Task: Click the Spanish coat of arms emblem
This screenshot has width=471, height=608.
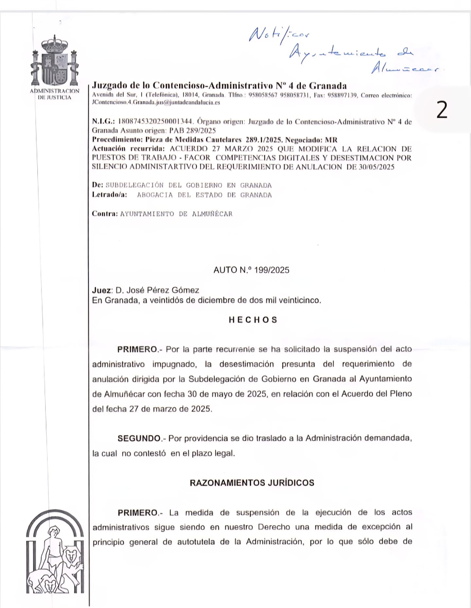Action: pos(55,62)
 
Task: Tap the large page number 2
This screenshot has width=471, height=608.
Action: pos(442,110)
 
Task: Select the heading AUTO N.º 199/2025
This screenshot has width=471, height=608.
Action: pos(251,270)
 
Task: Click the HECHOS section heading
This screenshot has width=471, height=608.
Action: pos(253,320)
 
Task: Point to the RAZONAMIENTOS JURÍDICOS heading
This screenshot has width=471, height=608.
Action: pos(252,483)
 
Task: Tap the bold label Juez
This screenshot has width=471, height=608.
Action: pos(102,290)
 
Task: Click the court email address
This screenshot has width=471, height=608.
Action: pos(156,102)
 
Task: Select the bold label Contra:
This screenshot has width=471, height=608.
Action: pos(105,214)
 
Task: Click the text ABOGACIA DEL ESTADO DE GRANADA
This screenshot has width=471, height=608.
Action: pos(204,195)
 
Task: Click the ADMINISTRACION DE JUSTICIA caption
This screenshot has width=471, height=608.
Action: pos(55,94)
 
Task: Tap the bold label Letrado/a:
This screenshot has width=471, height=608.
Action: pos(109,195)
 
